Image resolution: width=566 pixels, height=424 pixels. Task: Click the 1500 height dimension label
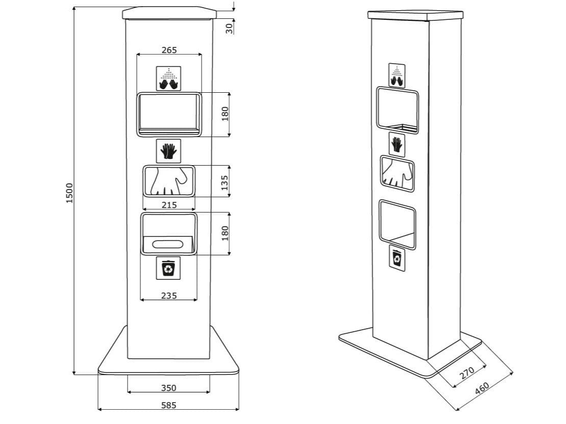tap(69, 193)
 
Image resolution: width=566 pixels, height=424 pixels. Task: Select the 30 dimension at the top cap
tap(229, 28)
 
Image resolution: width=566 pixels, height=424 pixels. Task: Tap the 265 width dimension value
tap(169, 50)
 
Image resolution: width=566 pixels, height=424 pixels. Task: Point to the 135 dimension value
tap(225, 181)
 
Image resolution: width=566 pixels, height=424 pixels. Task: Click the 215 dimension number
tap(169, 205)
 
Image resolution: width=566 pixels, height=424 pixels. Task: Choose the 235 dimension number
tap(169, 296)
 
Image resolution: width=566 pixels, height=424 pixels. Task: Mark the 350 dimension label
tap(168, 388)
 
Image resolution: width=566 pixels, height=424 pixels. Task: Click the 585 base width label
tap(168, 406)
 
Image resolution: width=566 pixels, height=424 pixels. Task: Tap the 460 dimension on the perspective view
tap(482, 389)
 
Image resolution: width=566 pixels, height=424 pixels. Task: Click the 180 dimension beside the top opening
tap(225, 114)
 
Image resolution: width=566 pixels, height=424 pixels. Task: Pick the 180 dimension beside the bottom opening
tap(225, 233)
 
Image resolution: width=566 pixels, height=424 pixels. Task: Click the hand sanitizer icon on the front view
tap(169, 78)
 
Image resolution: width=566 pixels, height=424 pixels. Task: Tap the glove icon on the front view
tap(168, 151)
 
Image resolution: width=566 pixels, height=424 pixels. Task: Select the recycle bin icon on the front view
tap(168, 268)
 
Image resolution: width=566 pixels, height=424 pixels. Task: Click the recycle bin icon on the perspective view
tap(397, 258)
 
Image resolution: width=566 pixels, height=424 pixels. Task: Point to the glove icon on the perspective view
tap(397, 144)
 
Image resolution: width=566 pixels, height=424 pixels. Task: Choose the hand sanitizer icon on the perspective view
tap(397, 74)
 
